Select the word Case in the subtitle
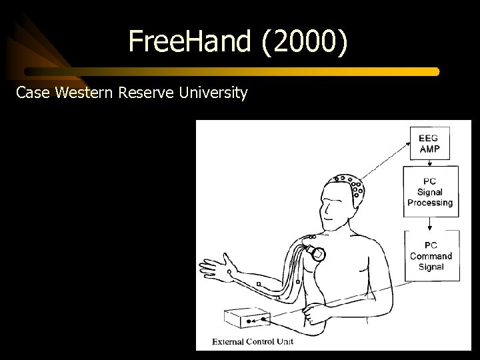tap(34, 93)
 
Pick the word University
tap(214, 93)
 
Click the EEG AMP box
tap(429, 143)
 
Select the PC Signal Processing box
tap(430, 191)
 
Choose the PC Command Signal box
tap(431, 256)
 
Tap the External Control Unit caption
tap(253, 342)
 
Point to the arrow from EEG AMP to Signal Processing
tap(430, 163)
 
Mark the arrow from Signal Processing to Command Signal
tap(431, 224)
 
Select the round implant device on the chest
tap(320, 253)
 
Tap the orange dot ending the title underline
tap(437, 71)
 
